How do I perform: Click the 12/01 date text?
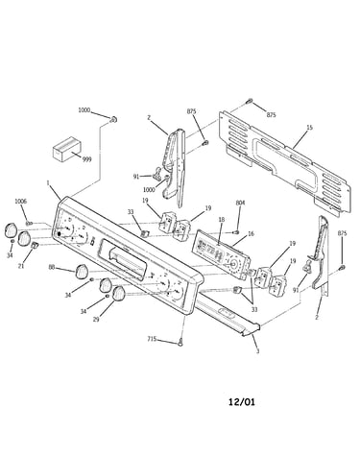tap(242, 401)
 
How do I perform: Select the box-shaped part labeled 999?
tap(66, 150)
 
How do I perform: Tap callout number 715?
tap(152, 339)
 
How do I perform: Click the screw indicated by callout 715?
tap(180, 343)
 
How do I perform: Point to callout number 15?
tap(309, 128)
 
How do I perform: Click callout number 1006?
tap(21, 202)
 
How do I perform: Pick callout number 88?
tap(52, 267)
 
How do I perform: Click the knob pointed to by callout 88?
tap(82, 272)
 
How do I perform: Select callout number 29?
tap(96, 319)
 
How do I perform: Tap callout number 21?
tap(21, 266)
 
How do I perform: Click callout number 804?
tap(240, 203)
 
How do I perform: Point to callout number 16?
tap(251, 234)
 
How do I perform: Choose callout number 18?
tap(222, 220)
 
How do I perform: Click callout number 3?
tap(257, 351)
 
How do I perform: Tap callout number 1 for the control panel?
tap(48, 183)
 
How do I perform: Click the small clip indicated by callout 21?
tap(35, 245)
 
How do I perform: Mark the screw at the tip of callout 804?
tap(237, 231)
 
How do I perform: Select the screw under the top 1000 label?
tap(113, 120)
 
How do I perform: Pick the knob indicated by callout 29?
tap(118, 294)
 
